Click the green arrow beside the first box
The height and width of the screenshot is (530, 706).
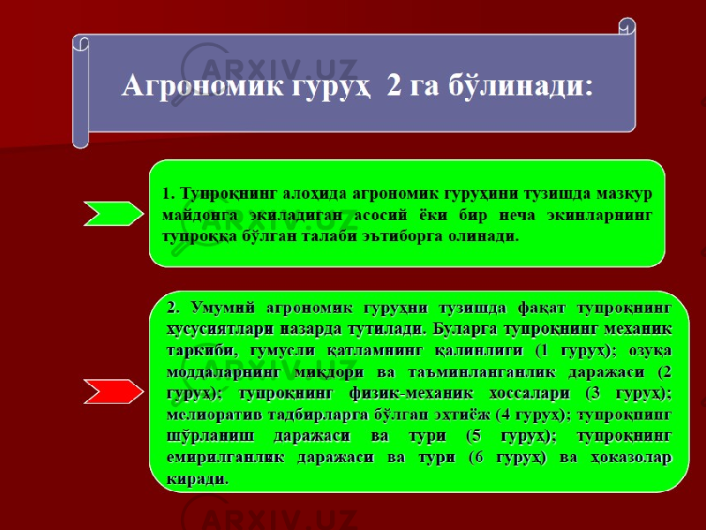114,214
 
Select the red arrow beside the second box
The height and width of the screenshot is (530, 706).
114,391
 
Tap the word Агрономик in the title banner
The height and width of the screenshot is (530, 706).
203,86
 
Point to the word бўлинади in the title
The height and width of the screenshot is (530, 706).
520,86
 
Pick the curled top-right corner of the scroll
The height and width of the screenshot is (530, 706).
627,26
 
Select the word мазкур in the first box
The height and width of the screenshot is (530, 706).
624,194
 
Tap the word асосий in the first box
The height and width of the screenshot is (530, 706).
380,216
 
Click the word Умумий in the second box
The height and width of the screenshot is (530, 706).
223,308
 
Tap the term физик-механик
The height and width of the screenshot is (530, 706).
411,394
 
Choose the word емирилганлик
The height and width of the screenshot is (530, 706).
225,458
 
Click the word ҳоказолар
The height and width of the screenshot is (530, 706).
630,458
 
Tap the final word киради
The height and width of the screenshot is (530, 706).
197,479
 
